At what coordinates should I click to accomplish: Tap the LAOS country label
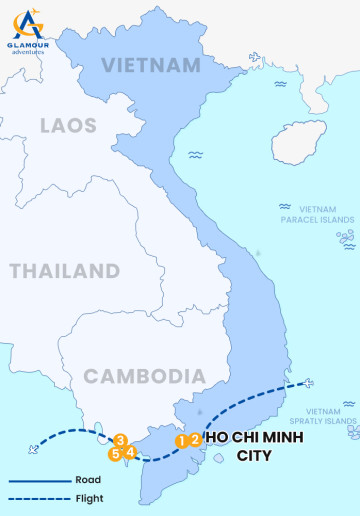pos(69,126)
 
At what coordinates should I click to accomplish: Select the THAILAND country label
pos(64,271)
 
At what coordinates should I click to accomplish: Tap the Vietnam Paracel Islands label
pos(317,214)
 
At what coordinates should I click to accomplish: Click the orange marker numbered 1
pos(182,440)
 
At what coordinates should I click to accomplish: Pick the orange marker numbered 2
pos(195,438)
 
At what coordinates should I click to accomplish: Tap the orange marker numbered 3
pos(120,439)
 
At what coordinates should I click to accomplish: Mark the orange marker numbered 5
pos(116,454)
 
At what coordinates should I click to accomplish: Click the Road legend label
pos(88,480)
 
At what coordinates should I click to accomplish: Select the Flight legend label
pos(89,498)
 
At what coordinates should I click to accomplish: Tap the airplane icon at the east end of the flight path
pos(306,383)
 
